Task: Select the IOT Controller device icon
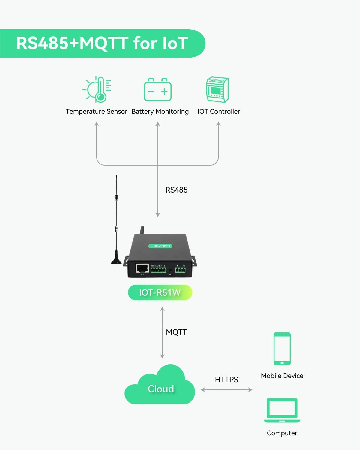(x=217, y=90)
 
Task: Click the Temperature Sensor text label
(x=96, y=112)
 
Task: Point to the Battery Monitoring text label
(x=160, y=112)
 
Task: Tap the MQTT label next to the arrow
(x=176, y=332)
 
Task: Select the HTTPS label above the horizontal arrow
(x=226, y=379)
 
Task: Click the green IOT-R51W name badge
(x=160, y=292)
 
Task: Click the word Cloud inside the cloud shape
(x=161, y=389)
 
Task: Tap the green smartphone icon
(x=282, y=349)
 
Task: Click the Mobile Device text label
(x=282, y=376)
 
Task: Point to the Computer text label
(x=282, y=433)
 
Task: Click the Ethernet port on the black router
(x=142, y=268)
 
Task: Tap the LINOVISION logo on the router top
(x=160, y=246)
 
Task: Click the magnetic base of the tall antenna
(x=116, y=260)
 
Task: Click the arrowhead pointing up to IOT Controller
(x=218, y=124)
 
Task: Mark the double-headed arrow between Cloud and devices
(x=226, y=390)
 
